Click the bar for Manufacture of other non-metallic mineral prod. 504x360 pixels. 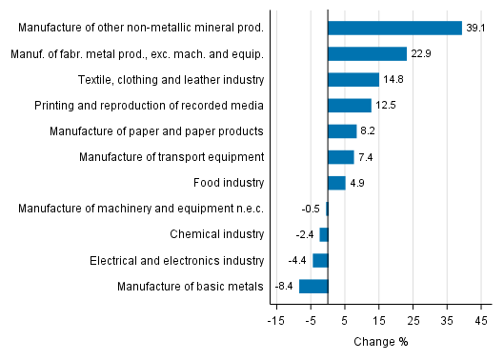pos(394,29)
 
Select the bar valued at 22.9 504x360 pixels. pos(367,54)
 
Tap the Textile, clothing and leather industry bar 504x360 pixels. pos(353,80)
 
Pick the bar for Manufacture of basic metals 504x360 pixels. pos(313,286)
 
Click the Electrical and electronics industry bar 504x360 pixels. pos(320,260)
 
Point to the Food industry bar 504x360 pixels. pos(336,183)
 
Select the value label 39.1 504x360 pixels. pos(475,29)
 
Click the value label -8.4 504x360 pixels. pos(285,286)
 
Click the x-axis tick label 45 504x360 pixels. pos(481,320)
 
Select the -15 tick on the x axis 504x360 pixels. pos(276,320)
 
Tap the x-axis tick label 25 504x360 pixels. pos(413,320)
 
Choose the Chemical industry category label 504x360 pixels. pos(216,234)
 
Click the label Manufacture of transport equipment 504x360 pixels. pos(171,157)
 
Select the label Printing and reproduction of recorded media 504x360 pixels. pos(149,106)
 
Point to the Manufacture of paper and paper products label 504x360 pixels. pos(156,131)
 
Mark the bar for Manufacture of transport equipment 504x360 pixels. pos(340,157)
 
